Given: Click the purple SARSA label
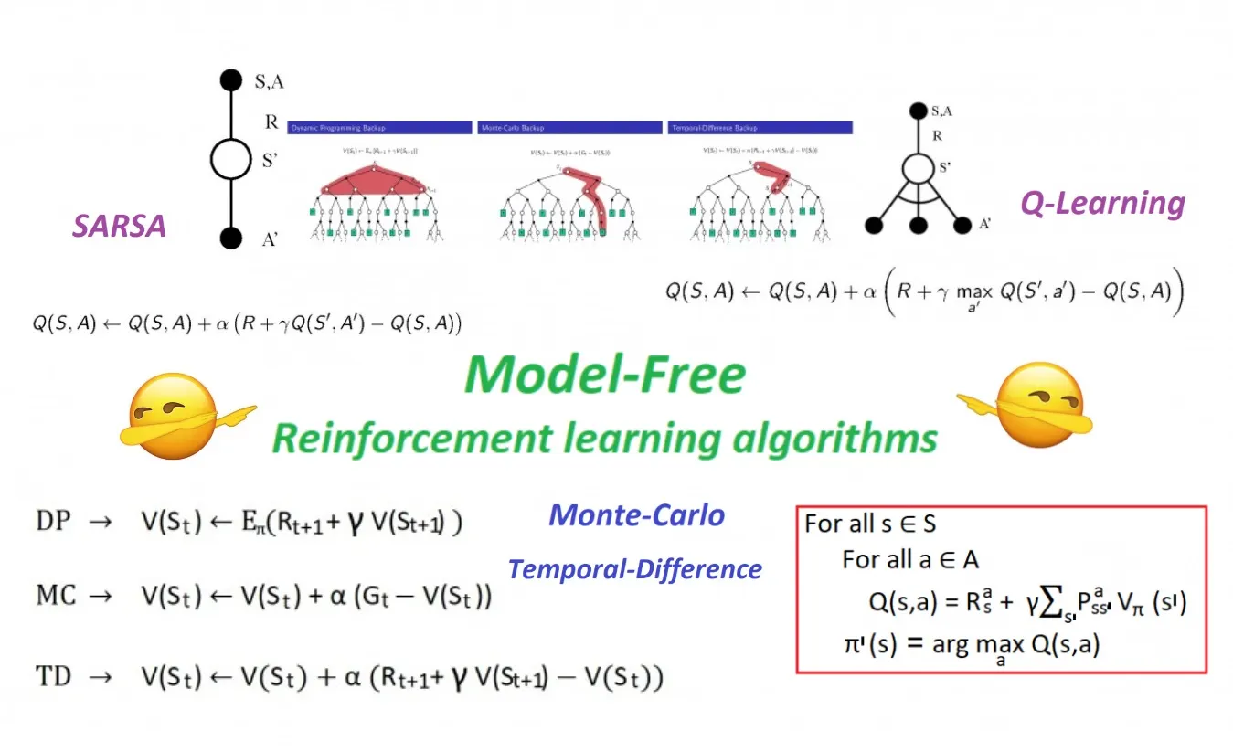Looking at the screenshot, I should pyautogui.click(x=119, y=226).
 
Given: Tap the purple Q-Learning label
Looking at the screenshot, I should pyautogui.click(x=1102, y=204).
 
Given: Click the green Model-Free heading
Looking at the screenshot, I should pyautogui.click(x=604, y=374).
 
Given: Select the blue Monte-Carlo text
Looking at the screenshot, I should pyautogui.click(x=636, y=515).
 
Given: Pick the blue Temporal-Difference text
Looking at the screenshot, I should pyautogui.click(x=634, y=569).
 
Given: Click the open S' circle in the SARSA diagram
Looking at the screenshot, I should pyautogui.click(x=231, y=159).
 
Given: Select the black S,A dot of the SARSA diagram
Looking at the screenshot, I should pyautogui.click(x=231, y=79).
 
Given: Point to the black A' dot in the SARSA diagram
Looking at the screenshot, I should pyautogui.click(x=231, y=238).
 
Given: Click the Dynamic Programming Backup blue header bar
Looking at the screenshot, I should pyautogui.click(x=379, y=128).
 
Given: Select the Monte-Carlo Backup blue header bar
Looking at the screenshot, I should pyautogui.click(x=570, y=128).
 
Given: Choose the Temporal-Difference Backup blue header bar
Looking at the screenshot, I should pyautogui.click(x=760, y=128).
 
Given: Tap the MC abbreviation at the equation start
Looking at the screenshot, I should pyautogui.click(x=56, y=597).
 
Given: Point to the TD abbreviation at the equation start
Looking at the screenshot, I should pyautogui.click(x=54, y=677).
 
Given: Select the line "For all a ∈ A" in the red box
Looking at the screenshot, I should pyautogui.click(x=910, y=559).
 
